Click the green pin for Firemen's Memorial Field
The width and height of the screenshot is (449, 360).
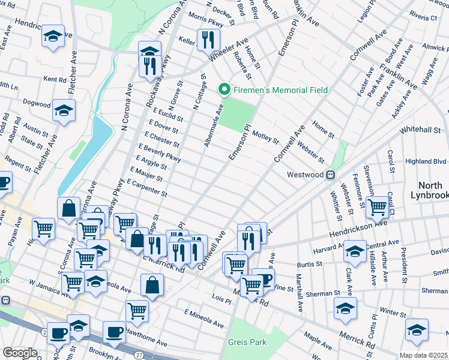pos(225,90)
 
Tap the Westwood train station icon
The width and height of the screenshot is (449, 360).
pos(330,175)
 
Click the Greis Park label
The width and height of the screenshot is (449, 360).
pos(243,342)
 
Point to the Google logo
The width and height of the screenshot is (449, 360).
pos(20,353)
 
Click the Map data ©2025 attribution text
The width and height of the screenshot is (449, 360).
pos(424,355)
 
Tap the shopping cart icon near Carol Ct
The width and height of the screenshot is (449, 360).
pos(377,206)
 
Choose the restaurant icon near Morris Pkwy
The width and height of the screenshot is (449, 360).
pos(206,40)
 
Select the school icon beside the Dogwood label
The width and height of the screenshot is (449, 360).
pos(63,111)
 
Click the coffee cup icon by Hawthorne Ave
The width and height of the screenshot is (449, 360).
pos(113,331)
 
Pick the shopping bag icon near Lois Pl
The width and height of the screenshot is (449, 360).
pos(152,285)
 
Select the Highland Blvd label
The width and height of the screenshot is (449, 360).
pos(426,161)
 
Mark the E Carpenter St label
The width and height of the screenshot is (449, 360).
pos(146,187)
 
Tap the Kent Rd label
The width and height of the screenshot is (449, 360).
pos(55,79)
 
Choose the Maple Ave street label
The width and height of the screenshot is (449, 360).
pos(318,337)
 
